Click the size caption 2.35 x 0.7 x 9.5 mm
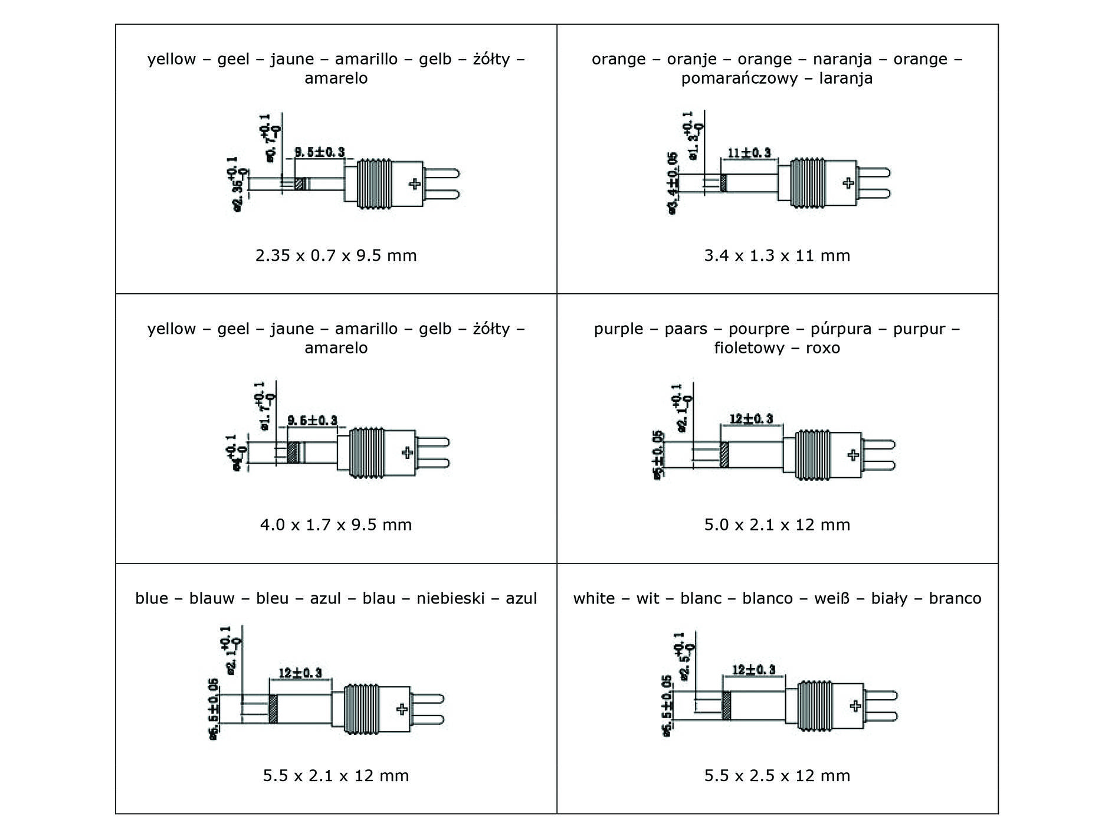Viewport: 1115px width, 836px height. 336,255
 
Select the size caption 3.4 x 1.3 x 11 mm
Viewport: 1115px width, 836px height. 777,255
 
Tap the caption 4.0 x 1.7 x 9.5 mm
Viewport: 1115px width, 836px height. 336,524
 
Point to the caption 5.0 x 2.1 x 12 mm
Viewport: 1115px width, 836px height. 777,524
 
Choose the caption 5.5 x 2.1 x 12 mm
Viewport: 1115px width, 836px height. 336,775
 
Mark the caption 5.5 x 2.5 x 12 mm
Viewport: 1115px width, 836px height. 777,775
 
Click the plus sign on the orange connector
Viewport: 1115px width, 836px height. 848,183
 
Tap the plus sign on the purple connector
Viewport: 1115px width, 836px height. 853,454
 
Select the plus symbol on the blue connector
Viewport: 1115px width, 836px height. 402,709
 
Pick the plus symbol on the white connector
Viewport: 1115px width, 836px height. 855,706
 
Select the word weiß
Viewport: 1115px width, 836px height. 832,599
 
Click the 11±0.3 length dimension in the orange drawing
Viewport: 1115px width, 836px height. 749,153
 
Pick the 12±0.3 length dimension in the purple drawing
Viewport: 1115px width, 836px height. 751,419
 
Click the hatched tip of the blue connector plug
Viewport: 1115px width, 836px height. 273,709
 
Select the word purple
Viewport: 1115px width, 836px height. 618,329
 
